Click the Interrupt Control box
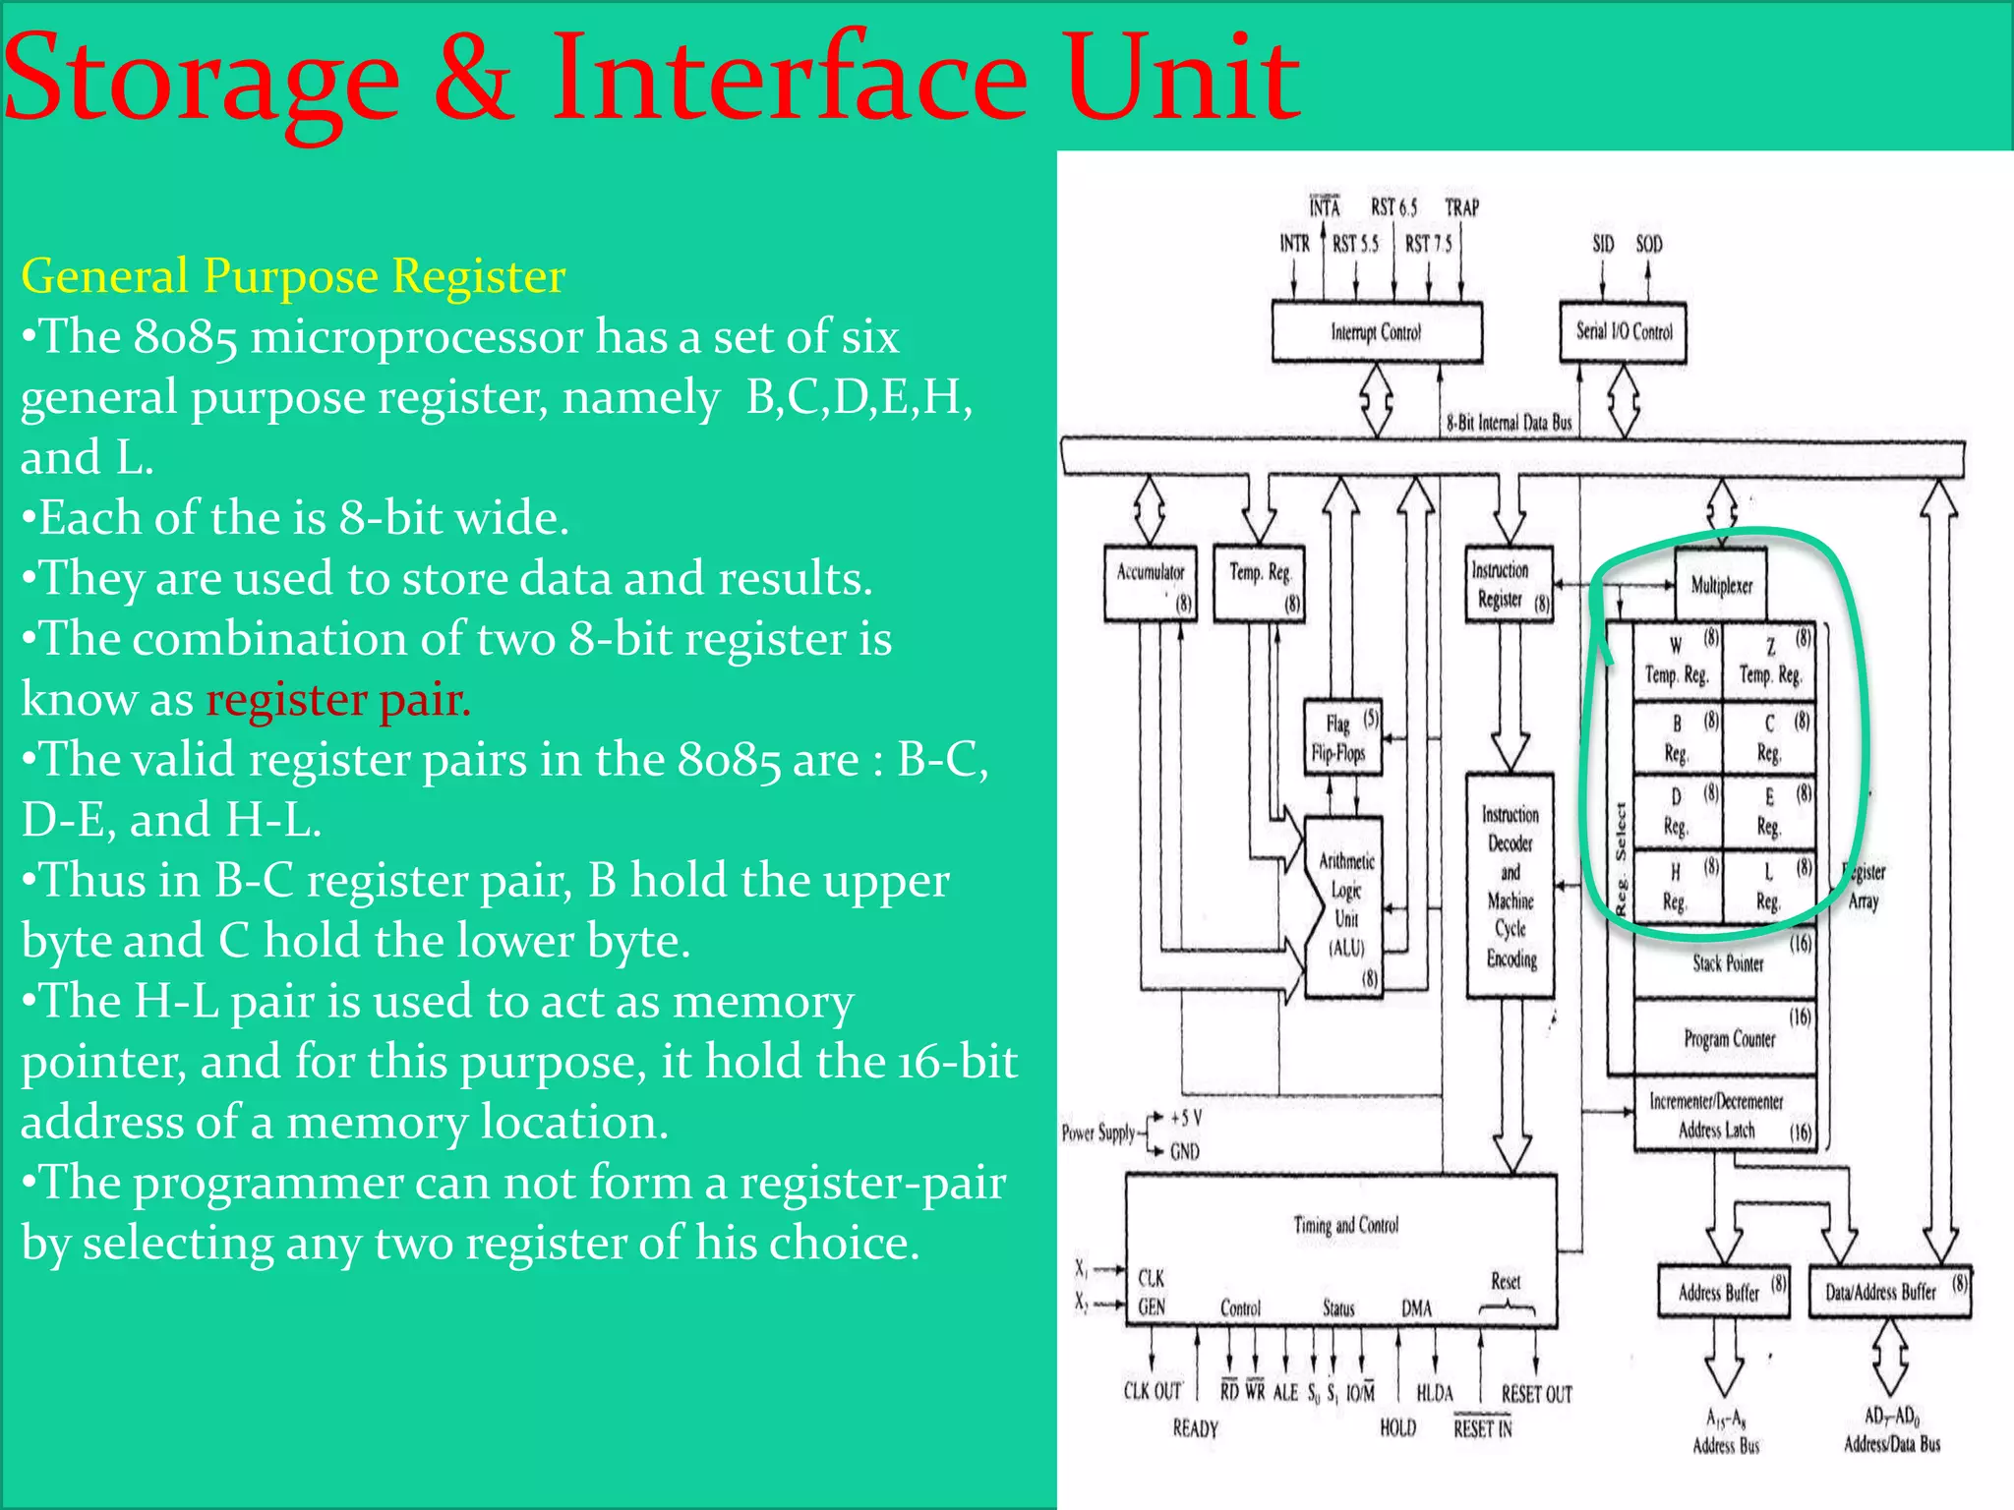1376,332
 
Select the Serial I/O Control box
1624,332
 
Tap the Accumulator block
1151,585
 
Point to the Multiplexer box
1721,585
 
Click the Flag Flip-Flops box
1341,738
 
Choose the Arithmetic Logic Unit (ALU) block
1345,904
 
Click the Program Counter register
1728,1038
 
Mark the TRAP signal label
1461,207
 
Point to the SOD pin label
1649,244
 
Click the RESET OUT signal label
1536,1394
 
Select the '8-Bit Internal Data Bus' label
1509,423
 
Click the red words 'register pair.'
338,700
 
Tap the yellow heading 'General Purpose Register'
293,276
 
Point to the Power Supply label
1097,1132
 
